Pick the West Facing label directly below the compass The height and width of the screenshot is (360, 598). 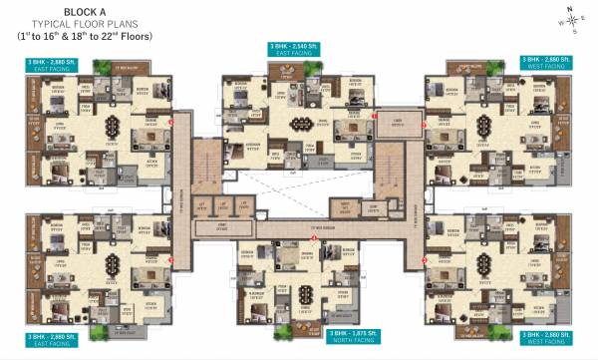pos(546,68)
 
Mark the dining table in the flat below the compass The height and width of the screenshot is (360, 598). pos(482,127)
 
